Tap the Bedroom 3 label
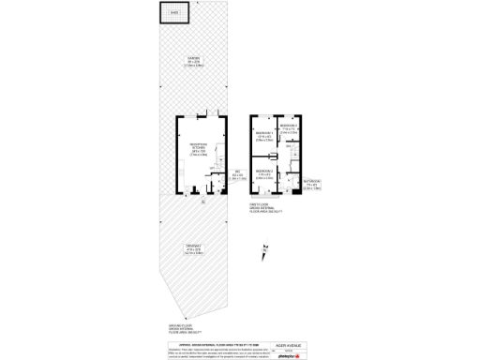coord(289,129)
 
